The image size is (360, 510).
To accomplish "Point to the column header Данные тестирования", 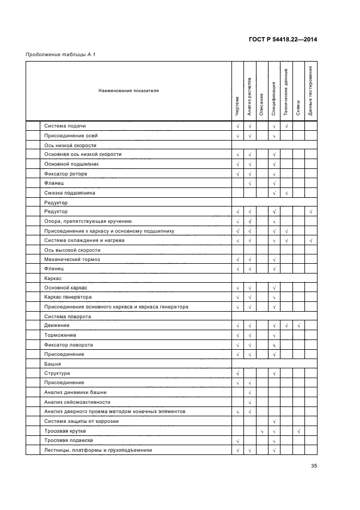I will click(x=310, y=90).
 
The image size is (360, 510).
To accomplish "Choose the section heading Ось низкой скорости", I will click(x=70, y=145).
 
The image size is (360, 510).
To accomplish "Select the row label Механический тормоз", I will click(x=72, y=259).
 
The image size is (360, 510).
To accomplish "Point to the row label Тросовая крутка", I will click(x=65, y=430).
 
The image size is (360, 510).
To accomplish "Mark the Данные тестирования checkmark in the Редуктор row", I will click(x=310, y=211).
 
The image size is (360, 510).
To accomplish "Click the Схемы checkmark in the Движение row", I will click(x=298, y=326).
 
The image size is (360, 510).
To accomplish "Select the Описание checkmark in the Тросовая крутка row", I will click(x=262, y=431).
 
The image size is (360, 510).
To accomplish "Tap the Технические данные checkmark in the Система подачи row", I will click(x=286, y=126).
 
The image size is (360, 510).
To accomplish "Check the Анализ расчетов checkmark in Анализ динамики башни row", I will click(x=249, y=392).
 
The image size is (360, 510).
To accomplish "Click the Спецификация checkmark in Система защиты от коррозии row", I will click(x=274, y=421).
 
